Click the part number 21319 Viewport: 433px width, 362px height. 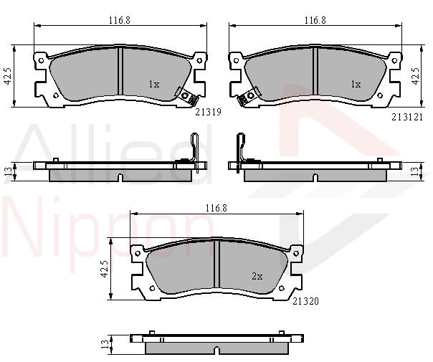[208, 112]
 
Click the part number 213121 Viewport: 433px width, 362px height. [407, 117]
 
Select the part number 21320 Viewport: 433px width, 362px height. [305, 301]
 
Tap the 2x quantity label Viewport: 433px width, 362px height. [257, 276]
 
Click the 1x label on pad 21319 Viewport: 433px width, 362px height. [154, 84]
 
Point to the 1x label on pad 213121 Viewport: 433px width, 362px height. [356, 84]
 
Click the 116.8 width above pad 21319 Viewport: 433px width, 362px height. [119, 20]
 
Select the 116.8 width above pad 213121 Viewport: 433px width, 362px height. [315, 20]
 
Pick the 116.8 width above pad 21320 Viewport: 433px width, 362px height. [216, 208]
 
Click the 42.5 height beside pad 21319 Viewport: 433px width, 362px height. [7, 76]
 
